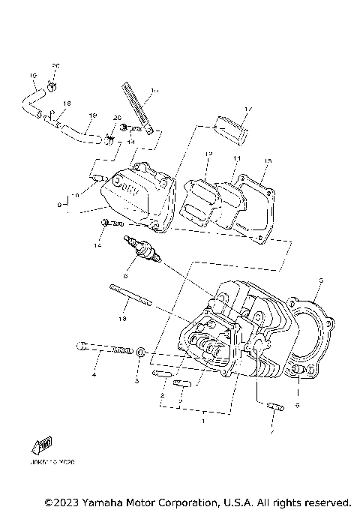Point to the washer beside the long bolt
pos(140,351)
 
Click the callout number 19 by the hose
pos(93,115)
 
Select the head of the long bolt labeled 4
pos(81,346)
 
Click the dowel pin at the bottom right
pos(274,409)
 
